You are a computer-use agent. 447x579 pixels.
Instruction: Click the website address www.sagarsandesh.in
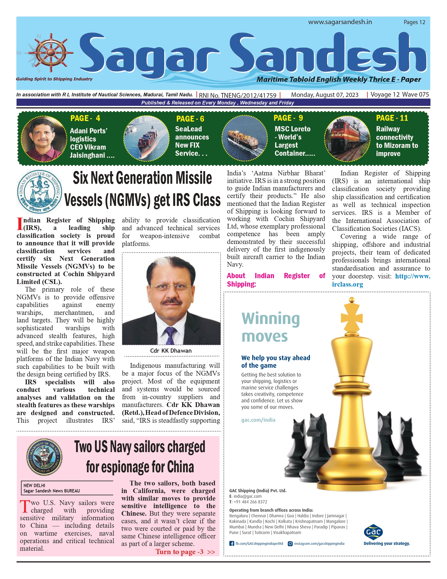click(340, 22)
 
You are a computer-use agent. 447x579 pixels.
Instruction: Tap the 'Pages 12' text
click(414, 22)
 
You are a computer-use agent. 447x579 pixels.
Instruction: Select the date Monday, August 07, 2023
click(325, 95)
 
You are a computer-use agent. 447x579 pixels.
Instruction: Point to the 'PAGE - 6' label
click(190, 119)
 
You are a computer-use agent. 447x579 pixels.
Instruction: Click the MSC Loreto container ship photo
click(244, 138)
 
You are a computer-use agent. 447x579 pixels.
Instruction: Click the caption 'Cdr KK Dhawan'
click(171, 351)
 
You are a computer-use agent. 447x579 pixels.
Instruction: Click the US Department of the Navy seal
click(44, 457)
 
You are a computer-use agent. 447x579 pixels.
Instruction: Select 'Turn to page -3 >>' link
click(185, 552)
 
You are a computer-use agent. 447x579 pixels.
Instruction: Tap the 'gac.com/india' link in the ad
click(258, 420)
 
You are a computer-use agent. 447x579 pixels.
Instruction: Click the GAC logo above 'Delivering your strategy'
click(373, 532)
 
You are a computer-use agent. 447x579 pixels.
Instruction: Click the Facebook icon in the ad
click(231, 543)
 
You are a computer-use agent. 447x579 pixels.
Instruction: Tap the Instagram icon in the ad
click(290, 543)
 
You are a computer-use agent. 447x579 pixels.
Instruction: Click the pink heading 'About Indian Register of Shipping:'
click(276, 280)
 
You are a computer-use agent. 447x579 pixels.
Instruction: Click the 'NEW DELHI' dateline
click(34, 485)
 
